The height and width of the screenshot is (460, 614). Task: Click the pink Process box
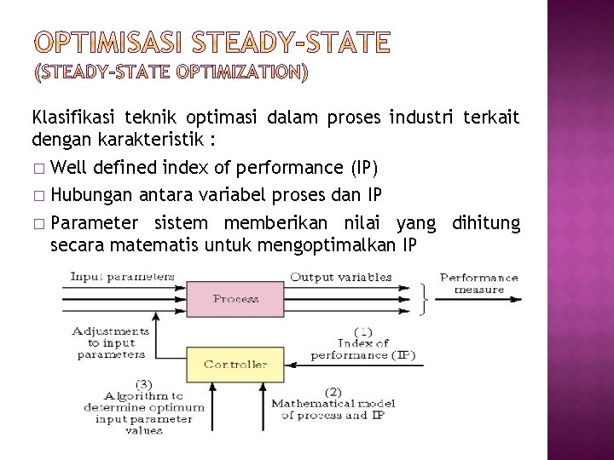pyautogui.click(x=236, y=299)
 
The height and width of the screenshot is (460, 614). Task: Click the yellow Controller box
pyautogui.click(x=235, y=365)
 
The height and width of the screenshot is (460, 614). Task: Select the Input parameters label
pyautogui.click(x=122, y=276)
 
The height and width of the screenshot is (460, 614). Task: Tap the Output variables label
pyautogui.click(x=340, y=276)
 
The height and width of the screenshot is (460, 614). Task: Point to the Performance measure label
pyautogui.click(x=478, y=283)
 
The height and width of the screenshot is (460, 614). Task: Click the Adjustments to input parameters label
pyautogui.click(x=112, y=342)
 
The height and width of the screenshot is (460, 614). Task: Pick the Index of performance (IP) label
pyautogui.click(x=362, y=349)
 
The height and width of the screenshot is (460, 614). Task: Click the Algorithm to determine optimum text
pyautogui.click(x=143, y=407)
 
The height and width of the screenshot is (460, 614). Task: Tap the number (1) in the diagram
pyautogui.click(x=362, y=331)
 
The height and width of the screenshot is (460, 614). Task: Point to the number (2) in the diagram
pyautogui.click(x=333, y=392)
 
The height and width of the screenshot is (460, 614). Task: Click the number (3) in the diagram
pyautogui.click(x=144, y=383)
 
